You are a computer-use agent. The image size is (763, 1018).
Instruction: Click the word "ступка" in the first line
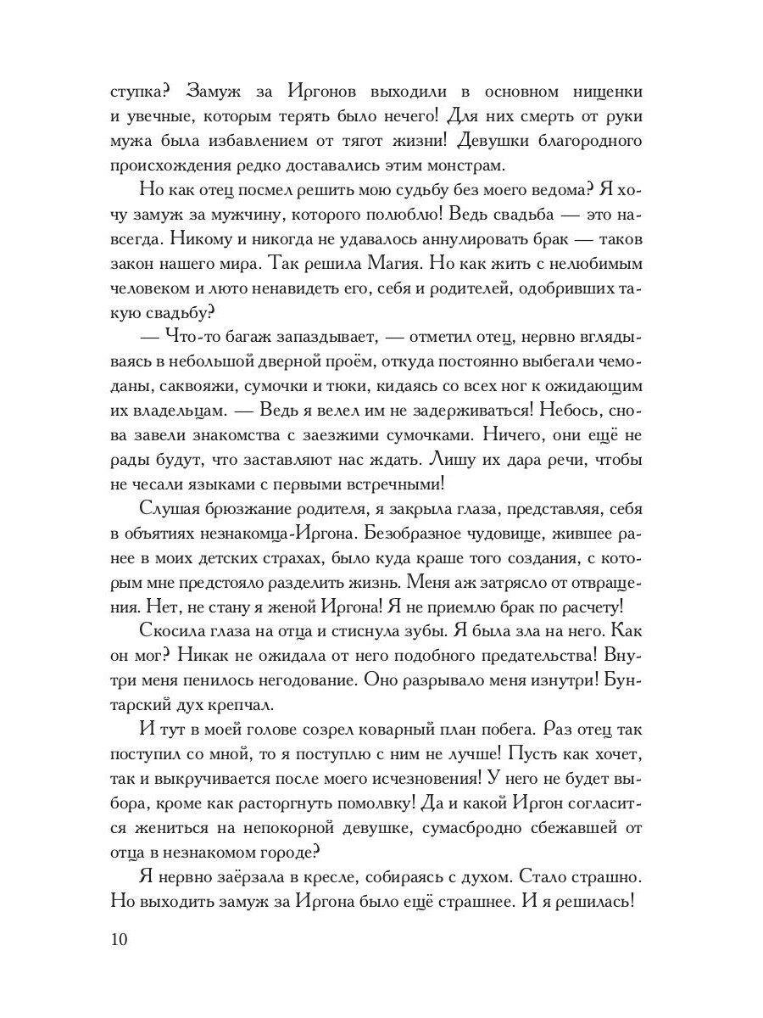[136, 91]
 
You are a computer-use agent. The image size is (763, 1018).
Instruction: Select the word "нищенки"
[604, 91]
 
